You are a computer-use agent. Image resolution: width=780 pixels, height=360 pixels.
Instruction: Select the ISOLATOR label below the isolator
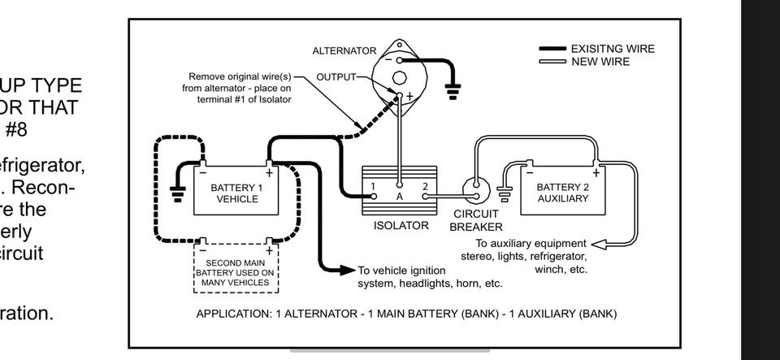[401, 226]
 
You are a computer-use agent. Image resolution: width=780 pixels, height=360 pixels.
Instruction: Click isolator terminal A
[399, 196]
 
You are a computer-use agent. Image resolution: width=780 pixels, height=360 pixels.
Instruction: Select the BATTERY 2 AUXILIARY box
[561, 193]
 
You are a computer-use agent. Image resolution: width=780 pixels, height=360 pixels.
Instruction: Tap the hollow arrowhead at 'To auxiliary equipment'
[600, 244]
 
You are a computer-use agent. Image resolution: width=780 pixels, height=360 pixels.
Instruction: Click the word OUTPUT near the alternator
[336, 77]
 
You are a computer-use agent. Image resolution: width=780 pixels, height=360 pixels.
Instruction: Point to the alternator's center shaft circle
[399, 78]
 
